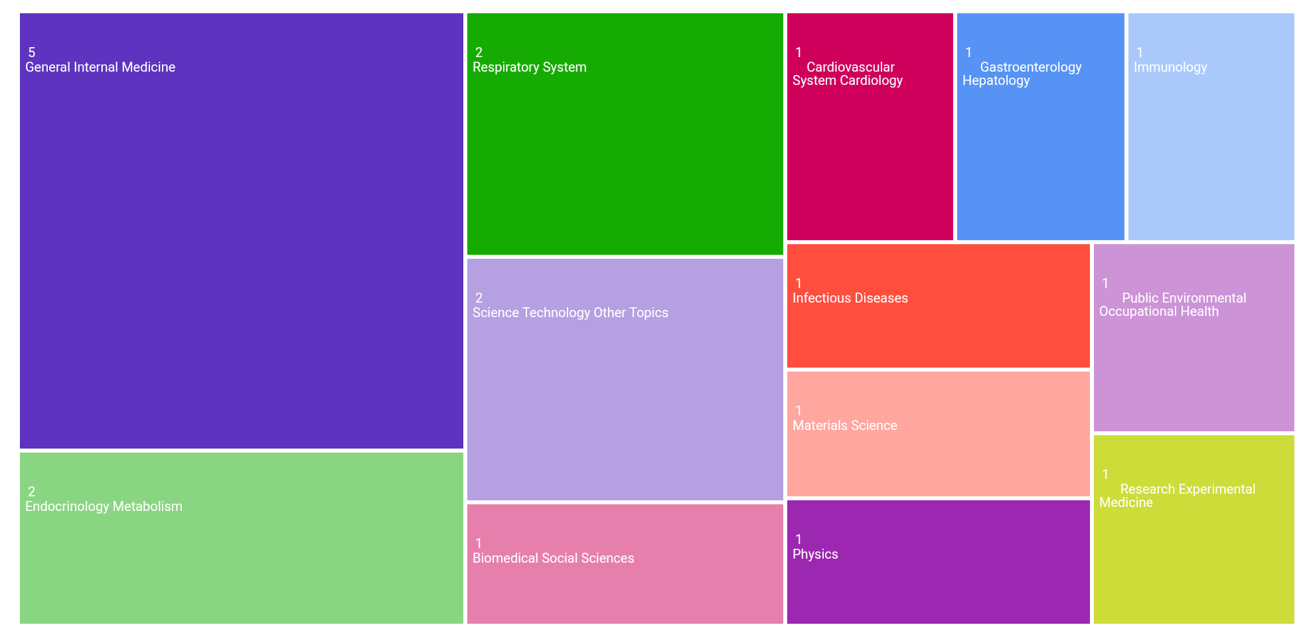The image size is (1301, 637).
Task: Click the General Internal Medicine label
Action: point(100,67)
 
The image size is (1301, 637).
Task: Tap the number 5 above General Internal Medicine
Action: point(31,52)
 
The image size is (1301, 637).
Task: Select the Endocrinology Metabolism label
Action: point(104,506)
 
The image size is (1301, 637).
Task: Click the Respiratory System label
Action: point(530,67)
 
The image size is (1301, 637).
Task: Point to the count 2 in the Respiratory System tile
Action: point(479,52)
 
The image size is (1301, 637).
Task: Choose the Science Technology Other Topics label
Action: point(570,313)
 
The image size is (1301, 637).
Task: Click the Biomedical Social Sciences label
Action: point(553,558)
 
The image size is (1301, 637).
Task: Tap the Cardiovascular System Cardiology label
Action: point(848,74)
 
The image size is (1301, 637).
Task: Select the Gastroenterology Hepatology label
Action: point(1022,74)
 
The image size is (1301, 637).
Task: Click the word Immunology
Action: point(1170,67)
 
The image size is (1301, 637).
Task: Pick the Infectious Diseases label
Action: point(850,298)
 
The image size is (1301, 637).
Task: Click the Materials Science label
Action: point(845,425)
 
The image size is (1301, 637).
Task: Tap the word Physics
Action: point(815,554)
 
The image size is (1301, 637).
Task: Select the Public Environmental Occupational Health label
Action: point(1172,305)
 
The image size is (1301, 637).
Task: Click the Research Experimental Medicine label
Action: point(1177,496)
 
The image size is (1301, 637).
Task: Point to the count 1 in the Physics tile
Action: point(799,539)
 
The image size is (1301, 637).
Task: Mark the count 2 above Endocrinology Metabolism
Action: point(31,492)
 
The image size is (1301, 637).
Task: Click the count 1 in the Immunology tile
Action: point(1140,52)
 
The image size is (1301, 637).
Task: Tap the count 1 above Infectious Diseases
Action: point(799,283)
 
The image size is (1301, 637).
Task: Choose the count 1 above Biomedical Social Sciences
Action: point(479,543)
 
